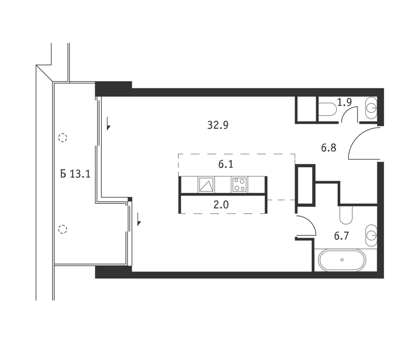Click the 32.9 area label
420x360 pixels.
tap(218, 125)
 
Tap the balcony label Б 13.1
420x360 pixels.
tap(75, 174)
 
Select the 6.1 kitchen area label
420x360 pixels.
tap(226, 164)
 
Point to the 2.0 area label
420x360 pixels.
tap(221, 205)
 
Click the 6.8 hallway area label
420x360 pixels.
tap(328, 148)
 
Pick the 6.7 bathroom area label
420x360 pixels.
tap(341, 236)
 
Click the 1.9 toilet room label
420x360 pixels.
tap(344, 102)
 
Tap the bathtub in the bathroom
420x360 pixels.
tap(342, 260)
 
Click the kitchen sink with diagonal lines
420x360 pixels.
tap(206, 185)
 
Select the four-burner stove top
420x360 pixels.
tap(240, 185)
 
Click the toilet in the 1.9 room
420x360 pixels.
tap(327, 110)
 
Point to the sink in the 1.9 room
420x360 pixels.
tap(371, 108)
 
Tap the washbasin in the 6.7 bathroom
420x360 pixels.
tap(371, 236)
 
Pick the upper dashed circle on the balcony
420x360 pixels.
tap(62, 138)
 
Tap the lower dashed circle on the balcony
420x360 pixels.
tap(62, 229)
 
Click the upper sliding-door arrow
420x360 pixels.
tap(108, 124)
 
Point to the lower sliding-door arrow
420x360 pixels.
tap(139, 219)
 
